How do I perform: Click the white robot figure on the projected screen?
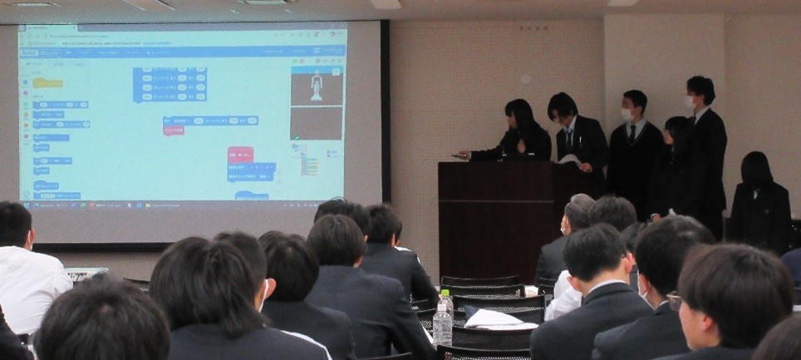click(x=316, y=86)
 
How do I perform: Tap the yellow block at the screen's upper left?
click(x=47, y=83)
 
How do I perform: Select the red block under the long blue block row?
click(x=174, y=131)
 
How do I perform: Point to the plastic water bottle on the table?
click(x=443, y=319)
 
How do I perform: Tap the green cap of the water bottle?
click(x=445, y=293)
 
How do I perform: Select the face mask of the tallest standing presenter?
click(x=689, y=102)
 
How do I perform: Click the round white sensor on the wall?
click(x=524, y=80)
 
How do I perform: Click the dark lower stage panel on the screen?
click(x=316, y=123)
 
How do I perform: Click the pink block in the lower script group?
click(x=240, y=155)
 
